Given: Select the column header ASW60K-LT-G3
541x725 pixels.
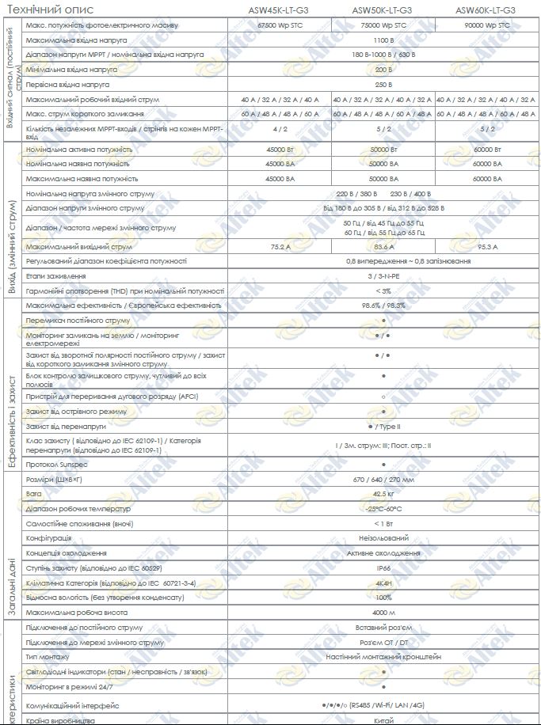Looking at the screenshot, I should (486, 10).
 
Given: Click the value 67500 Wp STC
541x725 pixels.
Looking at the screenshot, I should (278, 26).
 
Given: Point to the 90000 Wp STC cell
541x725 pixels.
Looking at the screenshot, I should (486, 26).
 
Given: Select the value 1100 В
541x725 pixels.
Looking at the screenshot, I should (383, 40).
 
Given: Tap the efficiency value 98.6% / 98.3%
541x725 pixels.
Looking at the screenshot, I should (383, 306).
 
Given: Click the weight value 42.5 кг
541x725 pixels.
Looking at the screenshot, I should (383, 493).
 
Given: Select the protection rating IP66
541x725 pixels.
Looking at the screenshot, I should (383, 568).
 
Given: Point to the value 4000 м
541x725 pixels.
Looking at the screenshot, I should (383, 613).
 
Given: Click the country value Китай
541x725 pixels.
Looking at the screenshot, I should (383, 721).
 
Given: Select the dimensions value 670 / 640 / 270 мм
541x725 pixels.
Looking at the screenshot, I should (383, 479).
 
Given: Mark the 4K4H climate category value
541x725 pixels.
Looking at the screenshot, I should (383, 583).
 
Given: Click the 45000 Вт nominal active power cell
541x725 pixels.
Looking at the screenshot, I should (278, 149).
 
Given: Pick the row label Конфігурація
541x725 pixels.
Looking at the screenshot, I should (48, 538).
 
